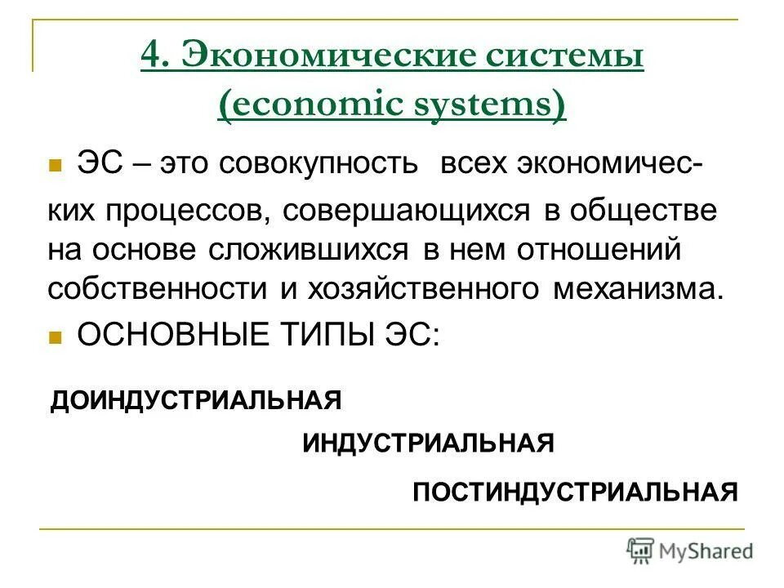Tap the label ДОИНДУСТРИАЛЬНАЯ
pyautogui.click(x=196, y=401)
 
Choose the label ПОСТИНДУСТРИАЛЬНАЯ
pyautogui.click(x=575, y=492)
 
